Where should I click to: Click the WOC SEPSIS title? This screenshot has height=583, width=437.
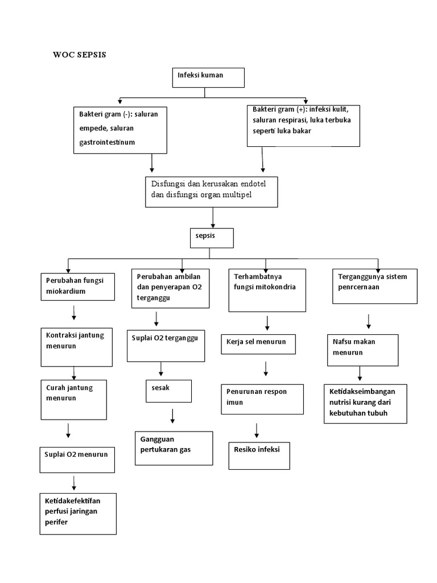point(79,55)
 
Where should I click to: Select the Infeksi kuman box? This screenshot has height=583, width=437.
point(208,78)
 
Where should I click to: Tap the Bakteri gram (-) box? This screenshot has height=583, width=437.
point(121,129)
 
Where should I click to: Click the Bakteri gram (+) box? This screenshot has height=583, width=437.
point(303,125)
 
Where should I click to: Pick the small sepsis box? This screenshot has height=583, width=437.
point(211,238)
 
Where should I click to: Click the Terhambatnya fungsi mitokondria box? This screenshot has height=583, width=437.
point(267,290)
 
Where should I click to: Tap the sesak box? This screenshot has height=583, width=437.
point(168,391)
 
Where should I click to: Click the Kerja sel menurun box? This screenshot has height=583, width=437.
point(258,344)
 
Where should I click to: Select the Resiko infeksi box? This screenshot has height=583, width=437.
point(259,455)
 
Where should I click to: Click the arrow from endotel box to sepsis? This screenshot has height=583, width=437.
point(213,217)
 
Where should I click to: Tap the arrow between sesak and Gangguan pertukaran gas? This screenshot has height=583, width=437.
point(172,416)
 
